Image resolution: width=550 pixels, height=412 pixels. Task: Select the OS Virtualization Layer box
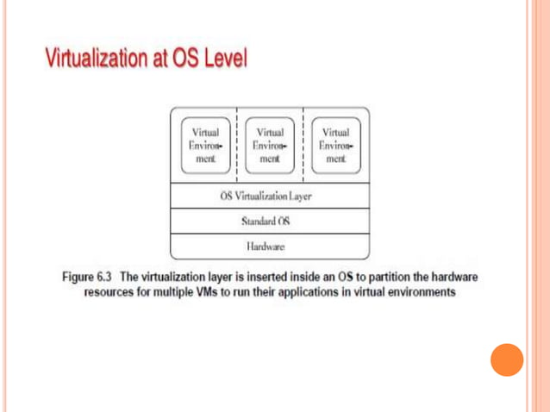coord(270,197)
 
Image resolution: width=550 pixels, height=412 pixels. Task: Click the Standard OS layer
coord(270,221)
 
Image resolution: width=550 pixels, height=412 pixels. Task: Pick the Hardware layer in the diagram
coord(270,247)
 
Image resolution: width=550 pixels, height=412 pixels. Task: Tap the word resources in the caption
coord(109,292)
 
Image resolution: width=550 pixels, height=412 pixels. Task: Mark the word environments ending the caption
coord(421,292)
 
